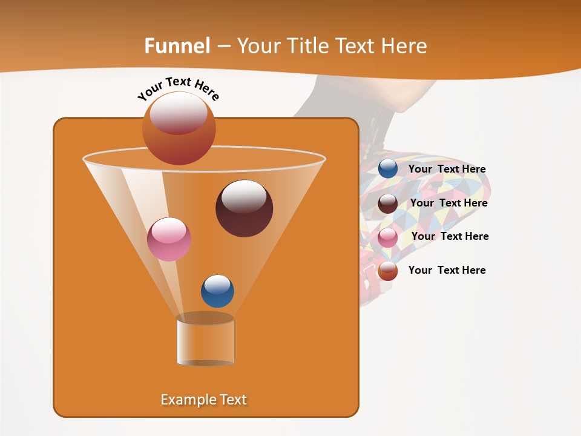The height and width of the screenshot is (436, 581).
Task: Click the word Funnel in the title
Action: (177, 46)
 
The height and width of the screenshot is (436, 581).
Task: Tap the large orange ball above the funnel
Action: (179, 129)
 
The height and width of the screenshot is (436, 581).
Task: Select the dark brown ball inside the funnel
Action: (244, 209)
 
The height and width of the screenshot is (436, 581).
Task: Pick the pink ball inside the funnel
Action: (169, 239)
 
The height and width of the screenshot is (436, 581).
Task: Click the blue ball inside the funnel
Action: (217, 291)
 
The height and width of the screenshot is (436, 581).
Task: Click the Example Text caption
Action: (204, 400)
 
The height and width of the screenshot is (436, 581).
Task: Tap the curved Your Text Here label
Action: (178, 88)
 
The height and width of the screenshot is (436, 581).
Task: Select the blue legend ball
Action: (388, 169)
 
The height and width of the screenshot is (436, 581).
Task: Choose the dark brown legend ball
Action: (388, 203)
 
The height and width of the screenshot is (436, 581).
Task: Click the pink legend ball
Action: (388, 237)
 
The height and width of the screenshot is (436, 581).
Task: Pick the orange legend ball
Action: (388, 271)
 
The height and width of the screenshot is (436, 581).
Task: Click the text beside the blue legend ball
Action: (447, 169)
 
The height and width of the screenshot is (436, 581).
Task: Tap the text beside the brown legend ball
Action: (448, 203)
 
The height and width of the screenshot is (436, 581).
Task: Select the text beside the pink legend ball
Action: (450, 236)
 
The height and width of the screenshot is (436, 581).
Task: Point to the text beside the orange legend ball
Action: (447, 270)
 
